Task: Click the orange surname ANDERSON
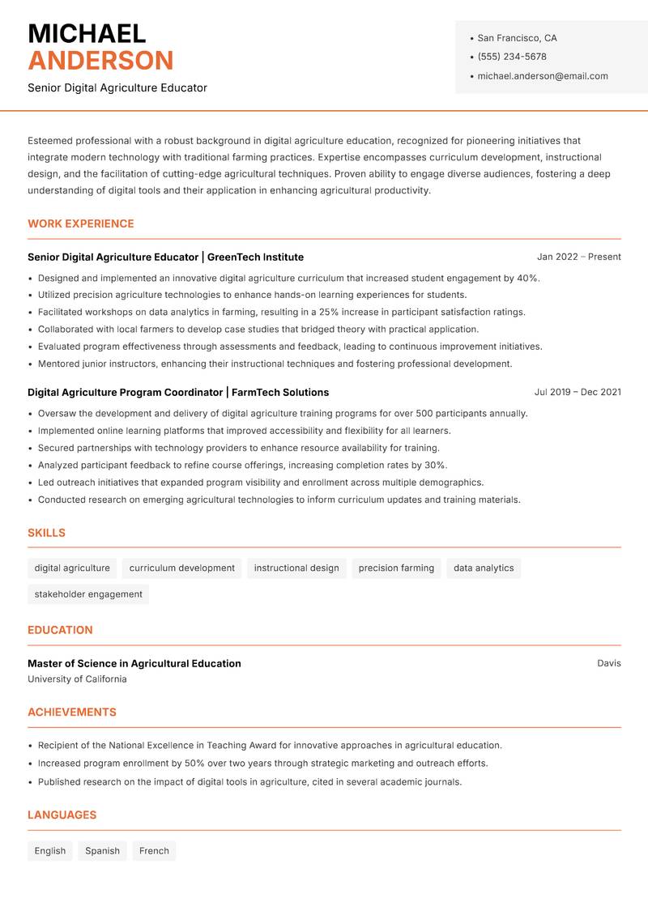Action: coord(100,61)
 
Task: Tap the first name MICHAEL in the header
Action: coord(87,33)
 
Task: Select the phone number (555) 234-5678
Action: coord(512,57)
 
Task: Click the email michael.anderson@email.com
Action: coord(543,76)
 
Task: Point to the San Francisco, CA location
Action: coord(517,38)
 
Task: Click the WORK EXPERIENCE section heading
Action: coord(81,223)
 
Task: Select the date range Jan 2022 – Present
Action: coord(578,257)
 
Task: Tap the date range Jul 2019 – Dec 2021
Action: coord(578,392)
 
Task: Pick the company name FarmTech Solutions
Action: coord(280,392)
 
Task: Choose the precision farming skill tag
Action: coord(396,568)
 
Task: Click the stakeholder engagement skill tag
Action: coord(88,594)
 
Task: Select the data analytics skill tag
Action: coord(484,568)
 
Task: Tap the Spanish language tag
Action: coord(102,850)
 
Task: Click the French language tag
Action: coord(154,850)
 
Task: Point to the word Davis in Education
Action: coord(609,663)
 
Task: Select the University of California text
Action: coord(77,679)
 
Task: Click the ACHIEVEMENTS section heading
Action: coord(72,713)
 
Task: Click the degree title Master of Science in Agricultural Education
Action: coord(134,663)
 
